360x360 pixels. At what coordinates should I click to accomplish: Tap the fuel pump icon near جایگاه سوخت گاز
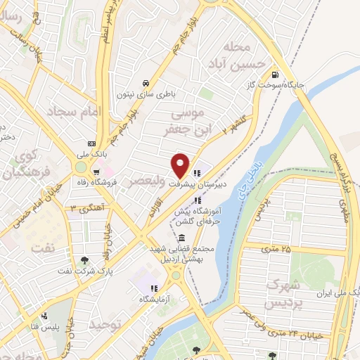coord(274,75)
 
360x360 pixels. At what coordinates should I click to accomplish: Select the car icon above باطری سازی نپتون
coord(145,81)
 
